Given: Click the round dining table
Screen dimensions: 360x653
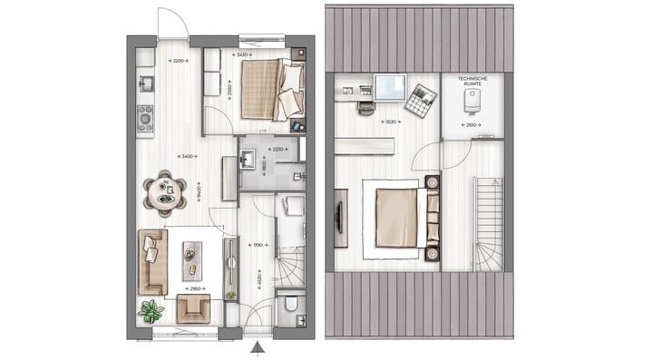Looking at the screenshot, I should (x=165, y=192).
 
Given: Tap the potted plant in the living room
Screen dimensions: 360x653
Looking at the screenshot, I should (x=151, y=312).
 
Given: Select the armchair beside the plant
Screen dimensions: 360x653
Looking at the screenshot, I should (x=194, y=308).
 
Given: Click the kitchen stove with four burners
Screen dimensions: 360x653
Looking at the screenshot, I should (x=143, y=118).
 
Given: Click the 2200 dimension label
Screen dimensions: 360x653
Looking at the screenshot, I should (x=179, y=60).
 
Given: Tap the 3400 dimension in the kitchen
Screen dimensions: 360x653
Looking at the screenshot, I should (x=188, y=157).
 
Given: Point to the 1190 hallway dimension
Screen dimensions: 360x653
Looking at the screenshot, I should (x=259, y=245).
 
